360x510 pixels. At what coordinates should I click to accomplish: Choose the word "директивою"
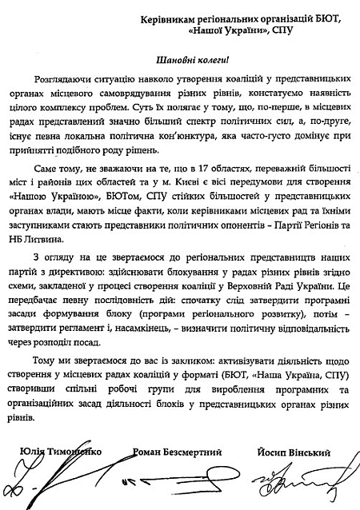click(88, 280)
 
